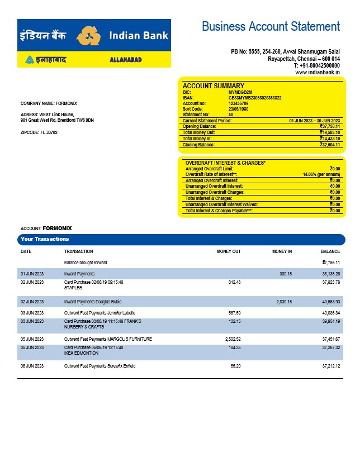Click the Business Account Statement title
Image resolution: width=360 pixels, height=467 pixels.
(271, 26)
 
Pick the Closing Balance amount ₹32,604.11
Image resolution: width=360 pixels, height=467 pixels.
(330, 145)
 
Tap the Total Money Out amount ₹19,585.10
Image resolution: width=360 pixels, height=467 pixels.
(330, 132)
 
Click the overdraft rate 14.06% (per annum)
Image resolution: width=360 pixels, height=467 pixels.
(321, 174)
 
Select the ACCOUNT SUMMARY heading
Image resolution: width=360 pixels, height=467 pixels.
(214, 86)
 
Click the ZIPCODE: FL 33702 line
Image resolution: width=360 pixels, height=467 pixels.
(39, 132)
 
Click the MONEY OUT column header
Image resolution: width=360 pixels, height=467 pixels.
(229, 251)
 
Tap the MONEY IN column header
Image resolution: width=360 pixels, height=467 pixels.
(282, 251)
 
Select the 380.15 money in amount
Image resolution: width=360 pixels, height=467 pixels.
(285, 274)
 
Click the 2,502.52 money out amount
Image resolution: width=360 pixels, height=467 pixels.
(230, 339)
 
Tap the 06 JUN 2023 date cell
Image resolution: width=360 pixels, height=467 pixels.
(32, 366)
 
